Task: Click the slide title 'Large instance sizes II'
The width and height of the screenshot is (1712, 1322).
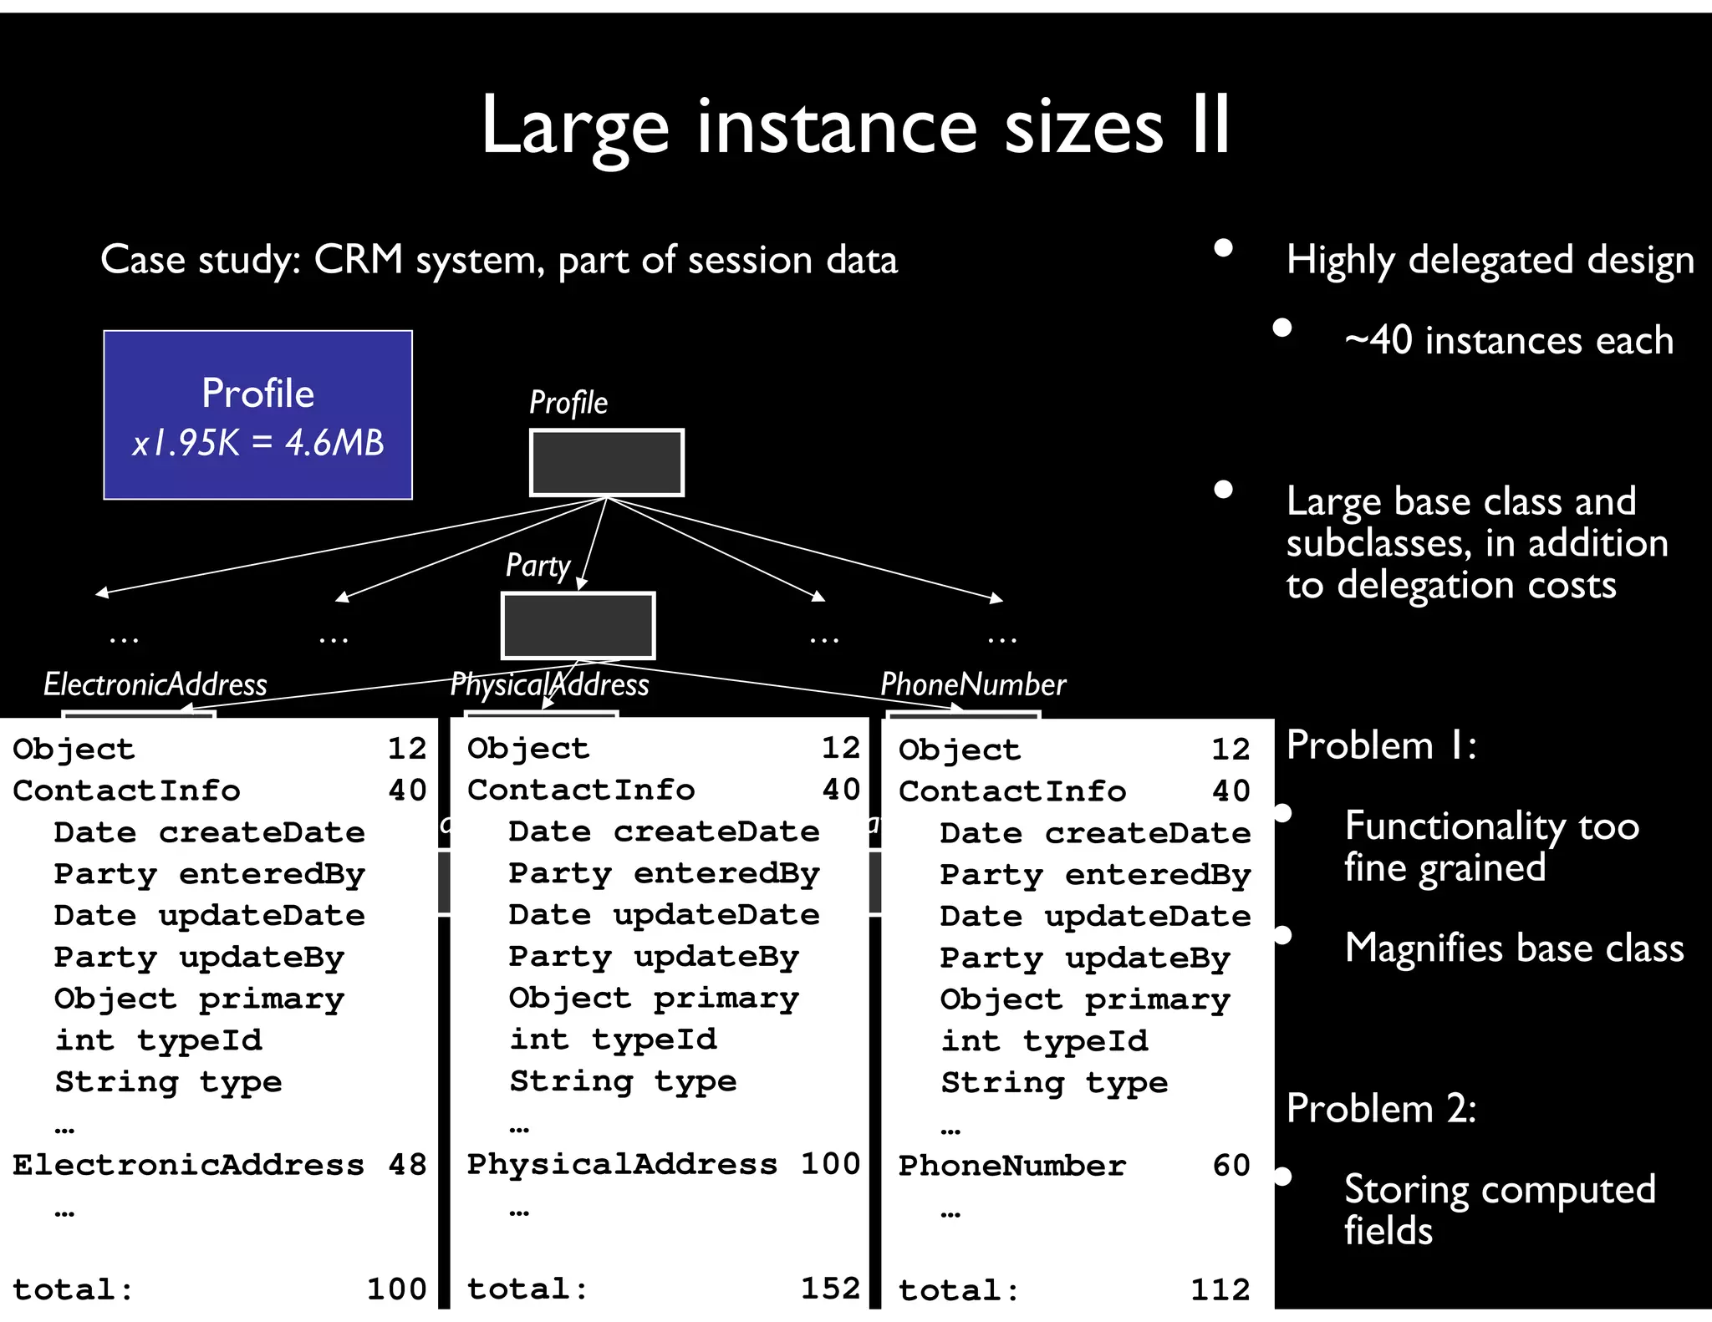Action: coord(855,127)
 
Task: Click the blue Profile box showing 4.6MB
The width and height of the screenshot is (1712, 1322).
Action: coord(257,415)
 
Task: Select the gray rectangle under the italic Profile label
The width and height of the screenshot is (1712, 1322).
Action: coord(606,463)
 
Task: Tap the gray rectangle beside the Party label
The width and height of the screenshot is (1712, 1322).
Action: coord(578,626)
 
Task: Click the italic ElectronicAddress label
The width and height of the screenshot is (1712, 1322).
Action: coord(155,684)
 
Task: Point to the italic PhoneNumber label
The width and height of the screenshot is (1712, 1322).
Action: coord(973,684)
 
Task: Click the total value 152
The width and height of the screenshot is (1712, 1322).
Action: coord(830,1288)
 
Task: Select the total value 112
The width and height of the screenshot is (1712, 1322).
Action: coord(1220,1289)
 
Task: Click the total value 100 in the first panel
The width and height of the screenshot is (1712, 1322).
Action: coord(396,1289)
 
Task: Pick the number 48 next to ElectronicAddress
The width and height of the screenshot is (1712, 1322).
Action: coord(407,1164)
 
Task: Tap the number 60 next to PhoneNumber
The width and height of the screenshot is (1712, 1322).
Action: coord(1230,1165)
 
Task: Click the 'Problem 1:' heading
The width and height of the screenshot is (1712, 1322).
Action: coord(1381,745)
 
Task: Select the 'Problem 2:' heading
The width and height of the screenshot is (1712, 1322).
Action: coord(1381,1109)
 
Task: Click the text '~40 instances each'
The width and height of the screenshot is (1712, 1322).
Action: coord(1509,341)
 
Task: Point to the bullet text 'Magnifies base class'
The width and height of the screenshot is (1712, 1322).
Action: coord(1514,948)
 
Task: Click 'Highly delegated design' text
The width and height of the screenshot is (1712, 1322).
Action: coord(1490,260)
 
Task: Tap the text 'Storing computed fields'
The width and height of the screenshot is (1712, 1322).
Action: coord(1499,1209)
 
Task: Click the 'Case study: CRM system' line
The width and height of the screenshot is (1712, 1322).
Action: coord(499,260)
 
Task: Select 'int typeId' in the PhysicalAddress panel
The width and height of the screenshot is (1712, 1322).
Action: coord(613,1039)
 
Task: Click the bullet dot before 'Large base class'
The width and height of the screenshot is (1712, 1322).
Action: coord(1223,490)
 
